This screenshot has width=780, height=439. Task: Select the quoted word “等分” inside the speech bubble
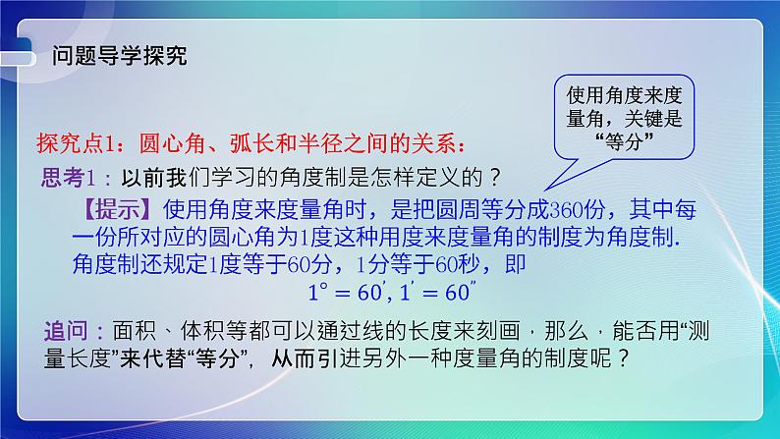[x=625, y=140]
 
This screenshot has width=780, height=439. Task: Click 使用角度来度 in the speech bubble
[x=625, y=96]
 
